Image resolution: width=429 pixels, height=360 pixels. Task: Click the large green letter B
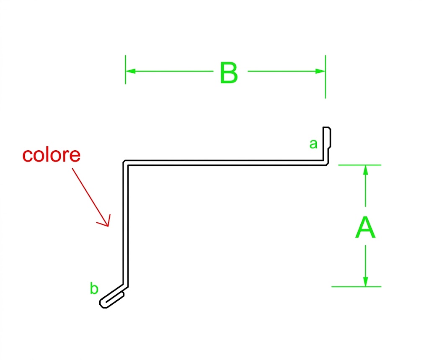(x=229, y=72)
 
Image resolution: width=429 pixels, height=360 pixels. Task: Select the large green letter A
(x=365, y=227)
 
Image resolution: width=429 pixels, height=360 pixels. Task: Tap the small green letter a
(x=313, y=144)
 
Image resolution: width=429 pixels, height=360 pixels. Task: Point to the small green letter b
(x=94, y=288)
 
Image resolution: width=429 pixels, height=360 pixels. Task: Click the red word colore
(x=52, y=155)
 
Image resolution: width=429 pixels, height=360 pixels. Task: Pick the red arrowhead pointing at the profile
(x=105, y=221)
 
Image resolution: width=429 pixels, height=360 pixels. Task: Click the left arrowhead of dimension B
(x=131, y=71)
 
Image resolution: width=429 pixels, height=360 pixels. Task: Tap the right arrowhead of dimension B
(x=320, y=71)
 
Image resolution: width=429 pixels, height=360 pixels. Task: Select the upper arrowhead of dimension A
(x=365, y=170)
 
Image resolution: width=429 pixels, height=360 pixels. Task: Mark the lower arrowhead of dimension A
(x=365, y=282)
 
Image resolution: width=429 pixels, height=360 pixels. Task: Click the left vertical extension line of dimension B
(x=125, y=69)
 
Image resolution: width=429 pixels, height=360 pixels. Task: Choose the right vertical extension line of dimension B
(x=325, y=77)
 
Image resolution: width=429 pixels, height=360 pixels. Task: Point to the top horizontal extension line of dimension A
(x=359, y=165)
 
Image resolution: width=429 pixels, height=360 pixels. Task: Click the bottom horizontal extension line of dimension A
(x=356, y=287)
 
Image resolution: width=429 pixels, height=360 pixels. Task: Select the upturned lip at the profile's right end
(x=327, y=145)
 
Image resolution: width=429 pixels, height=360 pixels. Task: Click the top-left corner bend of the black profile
(x=125, y=163)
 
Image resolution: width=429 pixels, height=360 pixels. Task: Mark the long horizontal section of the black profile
(x=225, y=163)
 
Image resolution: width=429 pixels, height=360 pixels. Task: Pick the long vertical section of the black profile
(x=125, y=224)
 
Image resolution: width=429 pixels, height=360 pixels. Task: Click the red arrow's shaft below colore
(x=90, y=197)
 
